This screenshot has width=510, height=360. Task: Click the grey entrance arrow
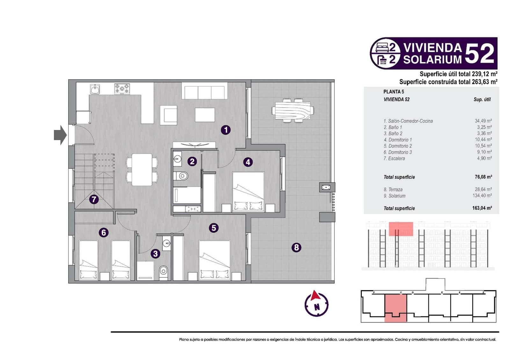click(60, 135)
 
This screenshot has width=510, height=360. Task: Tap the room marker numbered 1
click(226, 130)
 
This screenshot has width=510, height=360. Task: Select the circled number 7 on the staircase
click(93, 199)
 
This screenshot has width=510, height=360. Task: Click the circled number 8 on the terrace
click(296, 247)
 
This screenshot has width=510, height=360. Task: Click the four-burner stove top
click(122, 89)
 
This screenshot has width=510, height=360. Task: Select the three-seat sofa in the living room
click(204, 92)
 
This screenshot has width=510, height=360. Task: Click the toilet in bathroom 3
click(163, 272)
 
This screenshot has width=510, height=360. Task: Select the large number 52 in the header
click(480, 54)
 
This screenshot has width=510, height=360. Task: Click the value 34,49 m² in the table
click(483, 121)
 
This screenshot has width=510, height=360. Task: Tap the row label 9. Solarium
click(395, 196)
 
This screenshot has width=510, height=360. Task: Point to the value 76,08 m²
click(483, 177)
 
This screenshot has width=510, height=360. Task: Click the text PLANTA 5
click(394, 92)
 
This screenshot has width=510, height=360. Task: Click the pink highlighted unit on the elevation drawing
click(401, 229)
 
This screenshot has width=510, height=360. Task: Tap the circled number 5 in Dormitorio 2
click(214, 228)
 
